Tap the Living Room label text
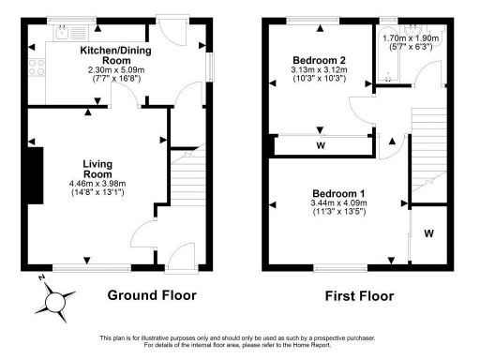click(x=97, y=168)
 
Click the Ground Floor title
click(x=151, y=295)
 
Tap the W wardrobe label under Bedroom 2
click(x=321, y=146)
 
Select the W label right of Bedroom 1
click(x=428, y=232)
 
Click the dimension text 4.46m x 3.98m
click(x=97, y=183)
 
